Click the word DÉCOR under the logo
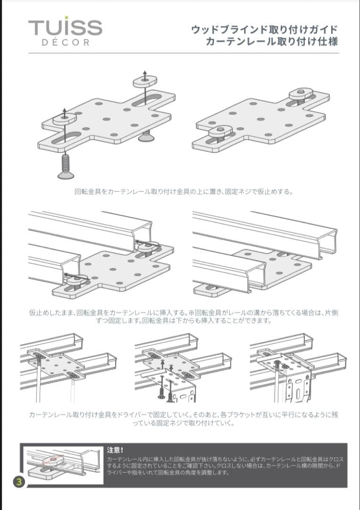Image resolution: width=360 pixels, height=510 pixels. (x=65, y=42)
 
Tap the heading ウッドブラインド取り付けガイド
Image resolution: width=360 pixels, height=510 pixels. (x=264, y=29)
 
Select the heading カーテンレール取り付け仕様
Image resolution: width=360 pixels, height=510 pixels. (x=272, y=41)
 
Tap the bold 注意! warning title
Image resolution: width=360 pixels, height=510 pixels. (x=115, y=450)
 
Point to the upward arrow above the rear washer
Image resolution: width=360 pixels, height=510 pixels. (x=145, y=74)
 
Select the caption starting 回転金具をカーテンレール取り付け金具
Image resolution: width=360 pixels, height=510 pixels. (x=184, y=192)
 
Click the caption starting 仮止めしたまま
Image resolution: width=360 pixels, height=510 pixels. (x=184, y=317)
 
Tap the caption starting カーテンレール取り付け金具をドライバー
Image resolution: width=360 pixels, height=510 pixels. (x=184, y=419)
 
